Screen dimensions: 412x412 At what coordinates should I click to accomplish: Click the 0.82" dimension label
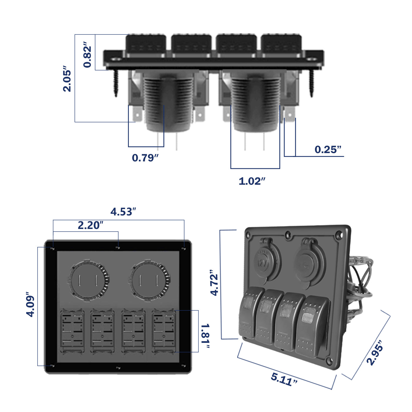click(87, 57)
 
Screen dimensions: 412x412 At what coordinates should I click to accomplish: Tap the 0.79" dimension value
click(145, 158)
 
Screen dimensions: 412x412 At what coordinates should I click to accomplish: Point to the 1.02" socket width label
click(252, 181)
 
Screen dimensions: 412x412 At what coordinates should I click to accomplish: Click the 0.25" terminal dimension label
click(328, 149)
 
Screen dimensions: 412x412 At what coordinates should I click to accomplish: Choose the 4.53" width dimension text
click(123, 212)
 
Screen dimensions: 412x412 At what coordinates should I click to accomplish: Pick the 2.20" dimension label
click(90, 225)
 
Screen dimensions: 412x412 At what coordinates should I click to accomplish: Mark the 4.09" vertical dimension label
click(30, 305)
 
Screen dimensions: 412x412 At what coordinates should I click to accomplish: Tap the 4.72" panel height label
click(214, 283)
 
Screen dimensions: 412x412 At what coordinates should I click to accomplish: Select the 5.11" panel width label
click(284, 379)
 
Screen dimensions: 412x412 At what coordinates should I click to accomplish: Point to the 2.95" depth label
click(375, 353)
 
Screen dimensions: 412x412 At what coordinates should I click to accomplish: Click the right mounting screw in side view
click(311, 83)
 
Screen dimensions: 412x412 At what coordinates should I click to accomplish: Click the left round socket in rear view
click(88, 280)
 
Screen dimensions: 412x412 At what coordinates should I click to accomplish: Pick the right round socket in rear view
click(149, 280)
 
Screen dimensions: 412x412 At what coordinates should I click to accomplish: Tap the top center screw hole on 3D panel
click(288, 235)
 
